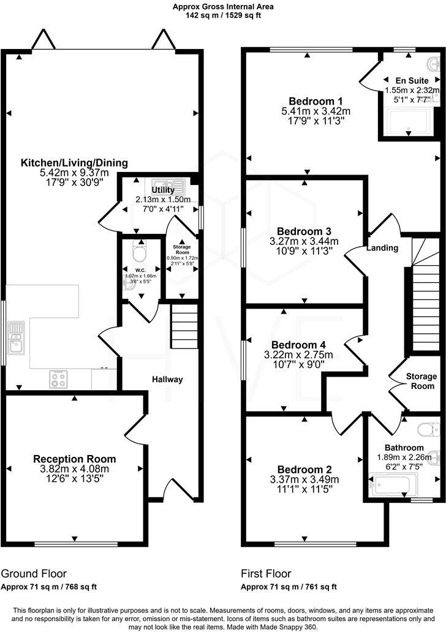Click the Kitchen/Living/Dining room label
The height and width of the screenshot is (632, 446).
pos(74,163)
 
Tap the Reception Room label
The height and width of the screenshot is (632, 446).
pos(74,459)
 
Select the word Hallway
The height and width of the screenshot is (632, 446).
pos(167,380)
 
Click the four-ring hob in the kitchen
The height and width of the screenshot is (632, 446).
pos(59,380)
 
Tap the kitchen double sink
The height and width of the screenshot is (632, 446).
pos(15,337)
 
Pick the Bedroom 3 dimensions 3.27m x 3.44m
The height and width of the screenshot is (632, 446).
pos(304,241)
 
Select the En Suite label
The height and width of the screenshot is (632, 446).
pos(412,80)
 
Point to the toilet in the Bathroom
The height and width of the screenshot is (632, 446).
pos(427,427)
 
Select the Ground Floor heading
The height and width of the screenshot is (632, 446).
pos(34,574)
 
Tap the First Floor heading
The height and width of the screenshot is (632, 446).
pos(266,574)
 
